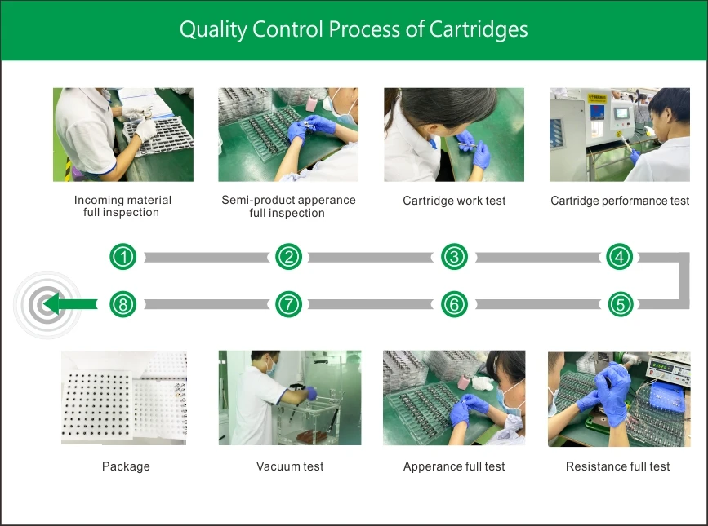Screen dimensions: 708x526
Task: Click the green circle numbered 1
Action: click(123, 257)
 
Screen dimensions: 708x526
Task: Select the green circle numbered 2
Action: click(289, 257)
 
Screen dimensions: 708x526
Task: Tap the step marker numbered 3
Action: click(454, 257)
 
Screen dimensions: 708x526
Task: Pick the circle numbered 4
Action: click(620, 257)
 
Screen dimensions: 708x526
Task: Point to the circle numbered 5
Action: click(620, 305)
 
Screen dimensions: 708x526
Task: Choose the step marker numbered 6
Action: click(454, 305)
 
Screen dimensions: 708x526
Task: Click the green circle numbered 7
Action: click(289, 305)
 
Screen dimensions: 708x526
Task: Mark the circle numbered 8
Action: click(123, 305)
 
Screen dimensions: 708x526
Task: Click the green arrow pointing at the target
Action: click(69, 305)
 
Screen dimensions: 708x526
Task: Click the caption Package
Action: click(126, 466)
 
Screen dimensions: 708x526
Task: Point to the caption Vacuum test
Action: click(290, 466)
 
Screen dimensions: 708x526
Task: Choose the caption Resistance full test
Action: click(617, 466)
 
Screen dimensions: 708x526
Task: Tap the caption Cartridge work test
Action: click(454, 201)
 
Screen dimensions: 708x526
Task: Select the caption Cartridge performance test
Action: click(620, 201)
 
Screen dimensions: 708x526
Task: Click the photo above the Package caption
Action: click(124, 397)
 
